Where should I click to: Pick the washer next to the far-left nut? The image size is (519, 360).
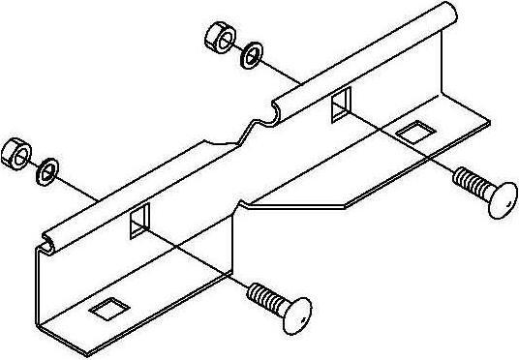[46, 170]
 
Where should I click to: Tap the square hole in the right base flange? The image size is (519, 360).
[413, 132]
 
